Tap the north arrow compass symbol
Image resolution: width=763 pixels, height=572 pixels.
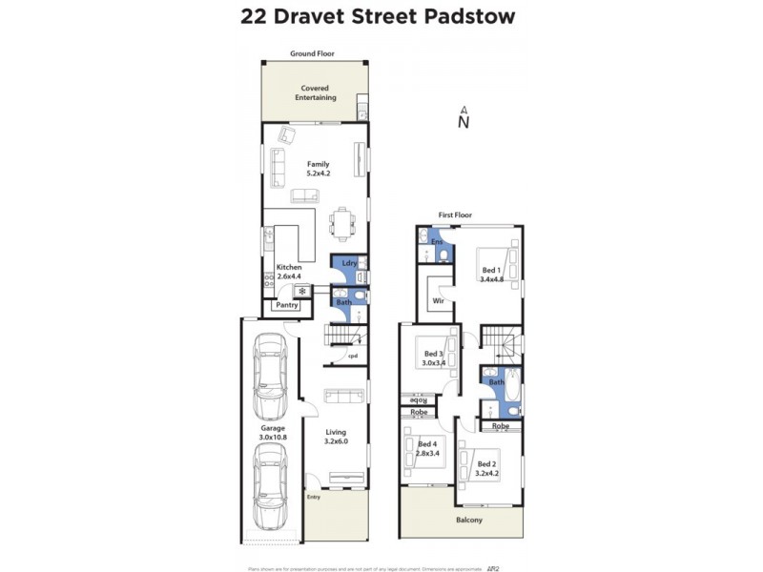(x=463, y=118)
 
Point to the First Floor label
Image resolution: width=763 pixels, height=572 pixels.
(x=455, y=215)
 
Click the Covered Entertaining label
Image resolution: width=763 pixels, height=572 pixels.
(x=314, y=93)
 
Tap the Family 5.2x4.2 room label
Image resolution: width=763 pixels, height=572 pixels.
(x=318, y=170)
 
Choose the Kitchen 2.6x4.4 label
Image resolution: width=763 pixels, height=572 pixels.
(x=289, y=272)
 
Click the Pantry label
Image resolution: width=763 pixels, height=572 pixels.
(x=287, y=305)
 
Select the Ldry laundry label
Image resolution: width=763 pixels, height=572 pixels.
(x=348, y=263)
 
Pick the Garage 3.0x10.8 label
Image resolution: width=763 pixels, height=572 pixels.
(x=273, y=433)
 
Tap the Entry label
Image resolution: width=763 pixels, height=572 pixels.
(x=314, y=497)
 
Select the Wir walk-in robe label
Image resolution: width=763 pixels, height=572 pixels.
(x=439, y=300)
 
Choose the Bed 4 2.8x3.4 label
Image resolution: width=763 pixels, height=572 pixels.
(x=427, y=448)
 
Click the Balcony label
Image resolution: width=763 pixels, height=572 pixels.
(x=468, y=520)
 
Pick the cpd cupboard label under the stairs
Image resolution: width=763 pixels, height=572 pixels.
(x=352, y=357)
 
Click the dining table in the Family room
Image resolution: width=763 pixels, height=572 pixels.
(x=342, y=225)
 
